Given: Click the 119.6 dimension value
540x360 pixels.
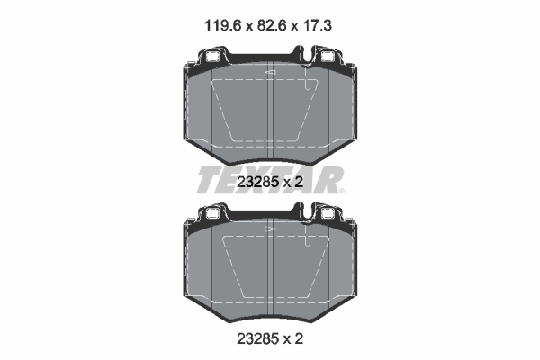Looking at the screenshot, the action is (223, 26).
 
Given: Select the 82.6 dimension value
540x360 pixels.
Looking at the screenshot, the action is (273, 26).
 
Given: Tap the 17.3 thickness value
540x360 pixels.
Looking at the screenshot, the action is (317, 26).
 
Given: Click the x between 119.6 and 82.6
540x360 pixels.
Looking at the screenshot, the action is (249, 27).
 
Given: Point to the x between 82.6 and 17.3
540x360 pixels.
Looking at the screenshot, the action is (295, 27).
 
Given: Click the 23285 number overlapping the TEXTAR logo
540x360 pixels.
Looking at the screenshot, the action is (257, 182).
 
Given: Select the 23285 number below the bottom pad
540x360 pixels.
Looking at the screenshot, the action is (257, 339).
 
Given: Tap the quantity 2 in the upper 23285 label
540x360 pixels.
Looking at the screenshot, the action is (299, 182).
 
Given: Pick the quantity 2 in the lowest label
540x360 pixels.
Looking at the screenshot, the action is (299, 339).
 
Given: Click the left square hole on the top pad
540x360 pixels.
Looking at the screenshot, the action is (212, 57).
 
